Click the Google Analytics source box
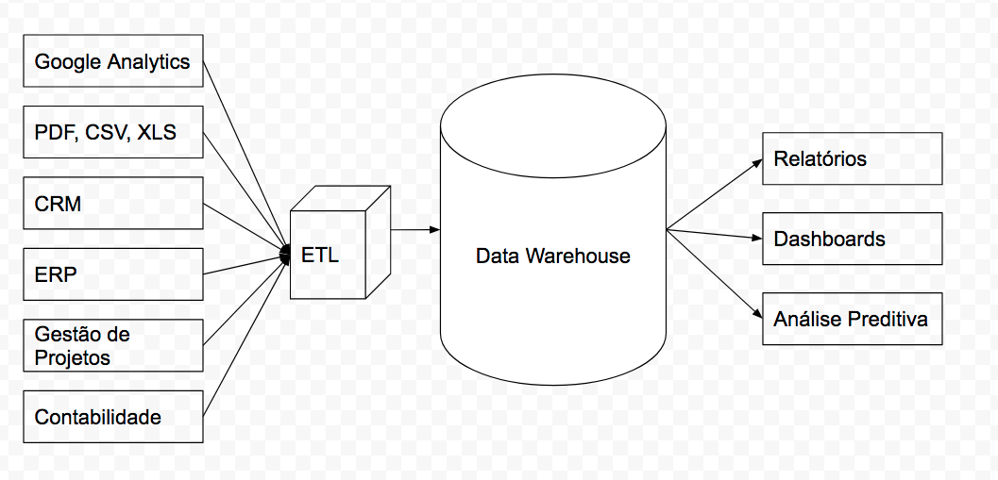[x=112, y=62]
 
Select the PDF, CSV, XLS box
[x=112, y=133]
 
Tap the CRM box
[x=112, y=203]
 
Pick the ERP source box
[x=112, y=274]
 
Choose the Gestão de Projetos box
[x=112, y=345]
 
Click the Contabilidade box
[x=112, y=416]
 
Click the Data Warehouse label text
[x=552, y=256]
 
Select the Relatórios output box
[x=852, y=158]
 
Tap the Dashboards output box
[x=852, y=239]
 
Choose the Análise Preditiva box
[x=852, y=319]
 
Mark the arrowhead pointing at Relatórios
[x=756, y=161]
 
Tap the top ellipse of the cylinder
[x=552, y=124]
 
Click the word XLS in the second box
[x=157, y=133]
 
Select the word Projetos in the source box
[x=73, y=358]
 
